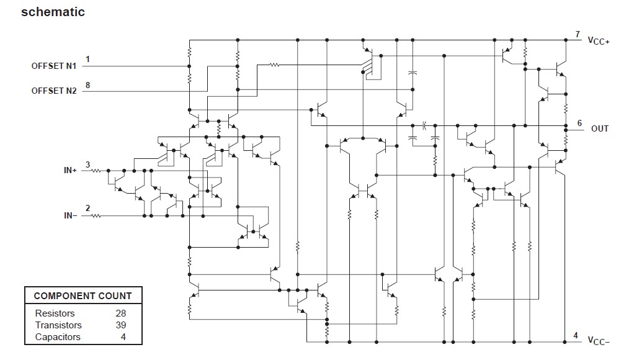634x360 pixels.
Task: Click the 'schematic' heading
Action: (x=53, y=12)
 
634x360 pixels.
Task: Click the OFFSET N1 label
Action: (x=54, y=66)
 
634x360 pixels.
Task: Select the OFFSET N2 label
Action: (x=54, y=91)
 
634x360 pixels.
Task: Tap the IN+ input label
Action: (x=69, y=169)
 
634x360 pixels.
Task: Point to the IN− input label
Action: (x=69, y=216)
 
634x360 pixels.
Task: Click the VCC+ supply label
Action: (x=599, y=40)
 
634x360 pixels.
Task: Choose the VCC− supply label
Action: (x=599, y=341)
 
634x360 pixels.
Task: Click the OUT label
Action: (x=600, y=128)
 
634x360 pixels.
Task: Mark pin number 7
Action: (x=577, y=35)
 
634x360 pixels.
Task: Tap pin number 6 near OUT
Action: (x=579, y=123)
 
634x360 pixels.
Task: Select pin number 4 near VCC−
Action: (x=576, y=336)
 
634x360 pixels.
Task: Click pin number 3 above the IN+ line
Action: (x=87, y=164)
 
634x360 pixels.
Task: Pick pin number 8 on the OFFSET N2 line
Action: (x=87, y=85)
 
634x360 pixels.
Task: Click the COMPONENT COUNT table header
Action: (x=83, y=296)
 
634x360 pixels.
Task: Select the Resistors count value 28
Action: (x=120, y=313)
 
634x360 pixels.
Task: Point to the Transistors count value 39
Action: (x=120, y=325)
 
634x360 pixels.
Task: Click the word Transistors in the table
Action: (x=58, y=325)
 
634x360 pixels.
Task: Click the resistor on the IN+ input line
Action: (x=97, y=169)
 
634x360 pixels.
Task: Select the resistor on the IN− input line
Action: (x=97, y=216)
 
